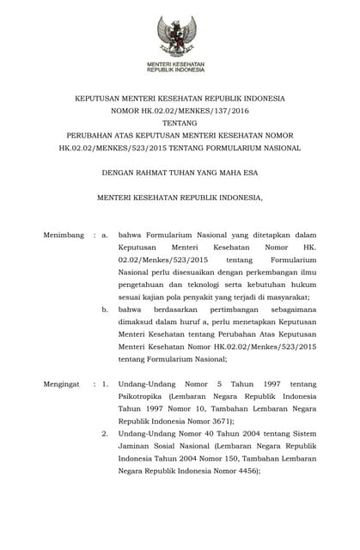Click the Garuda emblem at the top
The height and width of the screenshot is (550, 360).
[x=180, y=36]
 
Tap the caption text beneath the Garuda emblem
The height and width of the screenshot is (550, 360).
[x=180, y=67]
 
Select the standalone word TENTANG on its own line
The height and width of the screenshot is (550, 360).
[x=180, y=123]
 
